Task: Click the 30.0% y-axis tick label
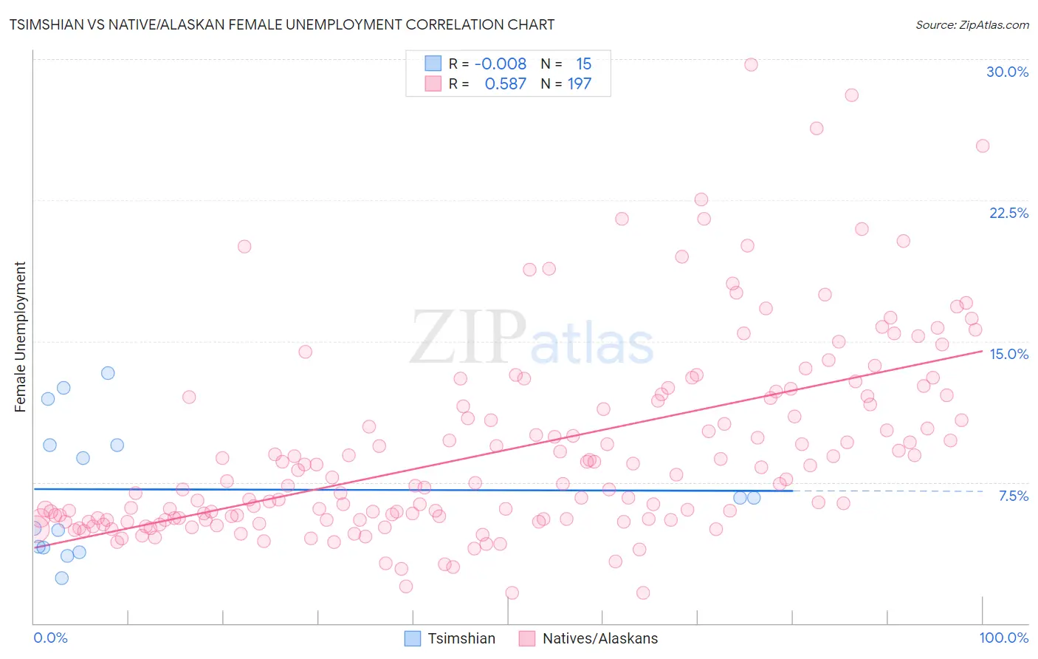click(1007, 72)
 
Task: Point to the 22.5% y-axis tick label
click(1008, 213)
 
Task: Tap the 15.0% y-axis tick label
click(1008, 354)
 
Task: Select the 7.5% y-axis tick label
click(1013, 496)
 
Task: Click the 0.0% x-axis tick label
click(50, 638)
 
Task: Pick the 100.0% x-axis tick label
click(1003, 638)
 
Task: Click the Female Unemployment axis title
click(20, 337)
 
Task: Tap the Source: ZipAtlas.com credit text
click(972, 24)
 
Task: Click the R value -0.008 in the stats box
click(501, 64)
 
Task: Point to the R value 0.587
click(505, 83)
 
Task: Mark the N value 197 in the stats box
click(579, 83)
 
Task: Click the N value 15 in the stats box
click(583, 64)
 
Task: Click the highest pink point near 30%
click(751, 64)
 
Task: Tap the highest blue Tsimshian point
click(108, 373)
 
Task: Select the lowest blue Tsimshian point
click(61, 578)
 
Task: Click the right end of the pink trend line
click(982, 351)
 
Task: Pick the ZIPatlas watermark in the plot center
click(532, 338)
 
